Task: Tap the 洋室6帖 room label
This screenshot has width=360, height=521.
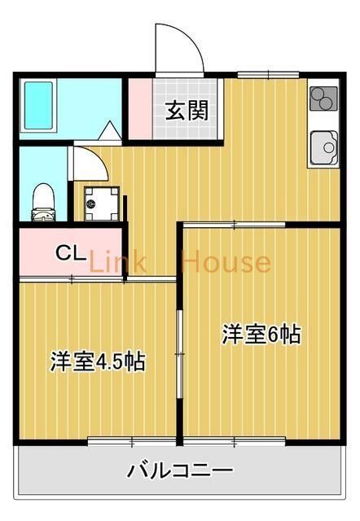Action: point(261,333)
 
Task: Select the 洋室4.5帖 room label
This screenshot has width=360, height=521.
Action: point(98,361)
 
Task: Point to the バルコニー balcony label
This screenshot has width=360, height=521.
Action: point(180,471)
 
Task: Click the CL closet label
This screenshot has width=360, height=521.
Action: point(70,253)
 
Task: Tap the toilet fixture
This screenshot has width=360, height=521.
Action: point(42,201)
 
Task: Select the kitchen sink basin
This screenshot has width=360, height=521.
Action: point(324,147)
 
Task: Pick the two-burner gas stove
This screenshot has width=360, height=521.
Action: point(323,99)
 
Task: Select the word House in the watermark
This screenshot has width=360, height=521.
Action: point(226,262)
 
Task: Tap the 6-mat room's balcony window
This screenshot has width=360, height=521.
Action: point(234,442)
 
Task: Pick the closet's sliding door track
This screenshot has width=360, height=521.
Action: point(71,279)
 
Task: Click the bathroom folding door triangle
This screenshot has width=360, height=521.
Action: point(108,129)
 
